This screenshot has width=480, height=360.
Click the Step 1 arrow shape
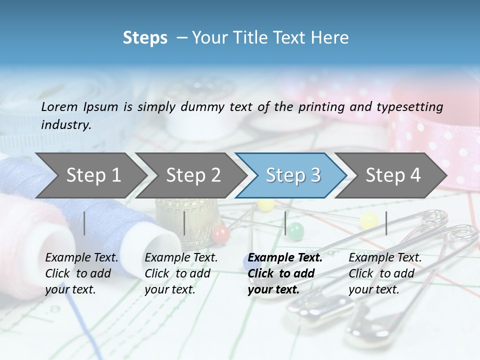coord(90,175)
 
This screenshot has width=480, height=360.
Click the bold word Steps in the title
coord(145,38)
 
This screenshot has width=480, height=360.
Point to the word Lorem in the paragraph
coord(59,106)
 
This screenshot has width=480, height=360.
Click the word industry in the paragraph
coord(66,124)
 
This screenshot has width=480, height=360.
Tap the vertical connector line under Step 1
coord(84,223)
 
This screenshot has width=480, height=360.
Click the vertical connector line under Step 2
coord(184,223)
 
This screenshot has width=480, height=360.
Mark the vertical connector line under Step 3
coord(285,223)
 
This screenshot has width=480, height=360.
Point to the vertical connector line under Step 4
coord(386,223)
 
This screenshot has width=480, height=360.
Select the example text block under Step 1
coord(81,273)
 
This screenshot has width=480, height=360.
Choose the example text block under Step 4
coord(385,273)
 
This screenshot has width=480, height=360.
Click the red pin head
coord(220,233)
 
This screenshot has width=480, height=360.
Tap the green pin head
coord(295,231)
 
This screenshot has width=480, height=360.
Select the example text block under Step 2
coord(181,273)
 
